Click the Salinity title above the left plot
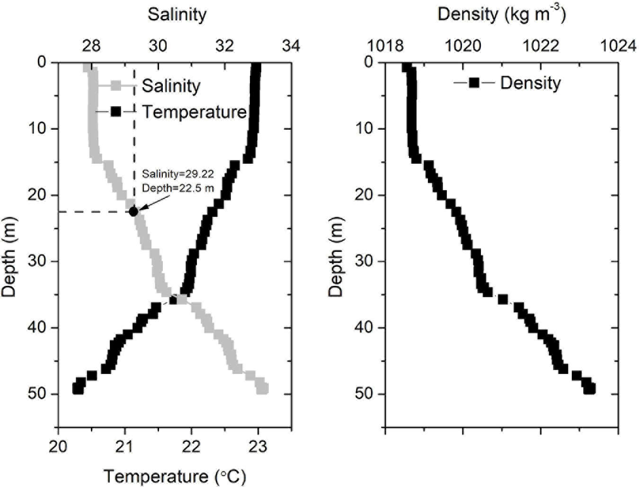click(177, 14)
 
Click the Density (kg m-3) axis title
click(501, 14)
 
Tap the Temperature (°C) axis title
click(175, 476)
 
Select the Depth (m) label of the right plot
click(336, 257)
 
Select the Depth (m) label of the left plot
click(9, 257)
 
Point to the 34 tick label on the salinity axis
click(291, 46)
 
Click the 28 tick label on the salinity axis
click(91, 46)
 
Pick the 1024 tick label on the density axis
click(618, 46)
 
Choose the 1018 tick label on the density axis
click(385, 46)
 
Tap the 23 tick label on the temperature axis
click(257, 446)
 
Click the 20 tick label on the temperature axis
click(58, 446)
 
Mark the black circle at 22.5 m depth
click(133, 212)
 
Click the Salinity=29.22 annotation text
click(177, 174)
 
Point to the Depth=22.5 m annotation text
click(177, 188)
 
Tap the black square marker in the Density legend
click(474, 83)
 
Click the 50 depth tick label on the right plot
click(364, 394)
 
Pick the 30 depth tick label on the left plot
click(37, 261)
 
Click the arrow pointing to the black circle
click(154, 203)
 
